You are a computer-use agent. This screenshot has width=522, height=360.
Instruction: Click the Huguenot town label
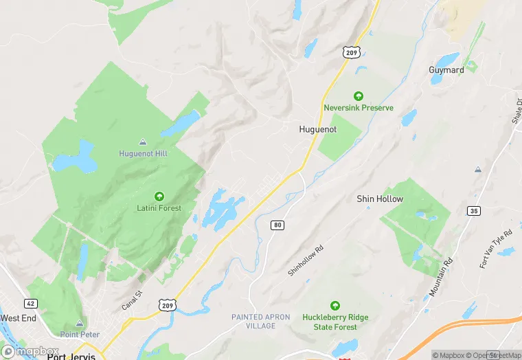[318, 129]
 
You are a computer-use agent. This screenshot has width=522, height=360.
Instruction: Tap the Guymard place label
[446, 70]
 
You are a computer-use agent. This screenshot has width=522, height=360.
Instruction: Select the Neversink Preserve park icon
[358, 96]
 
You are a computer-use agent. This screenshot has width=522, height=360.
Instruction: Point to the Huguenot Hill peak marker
[142, 141]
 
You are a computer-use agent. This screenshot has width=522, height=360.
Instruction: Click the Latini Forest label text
[159, 208]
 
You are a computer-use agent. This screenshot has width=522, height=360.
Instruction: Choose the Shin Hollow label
[380, 199]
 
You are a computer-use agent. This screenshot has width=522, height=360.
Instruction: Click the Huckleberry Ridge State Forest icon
[335, 305]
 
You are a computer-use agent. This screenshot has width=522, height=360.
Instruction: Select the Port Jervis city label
[70, 357]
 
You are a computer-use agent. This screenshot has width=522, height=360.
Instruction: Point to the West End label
[19, 318]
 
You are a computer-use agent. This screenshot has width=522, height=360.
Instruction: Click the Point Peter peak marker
[80, 323]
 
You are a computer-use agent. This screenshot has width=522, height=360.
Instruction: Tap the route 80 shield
[277, 225]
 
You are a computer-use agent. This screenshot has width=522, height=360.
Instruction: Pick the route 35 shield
[473, 211]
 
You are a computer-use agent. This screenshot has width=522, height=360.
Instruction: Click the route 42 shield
[30, 303]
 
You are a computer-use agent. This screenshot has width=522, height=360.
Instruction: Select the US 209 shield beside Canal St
[167, 304]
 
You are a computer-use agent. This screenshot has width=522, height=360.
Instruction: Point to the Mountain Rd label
[441, 278]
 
